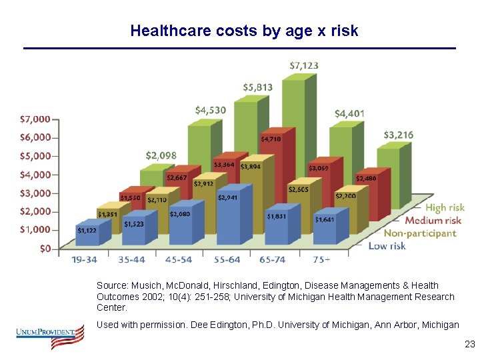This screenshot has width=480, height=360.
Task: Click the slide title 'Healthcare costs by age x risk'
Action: [x=244, y=31]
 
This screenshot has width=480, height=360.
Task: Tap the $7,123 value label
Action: [x=304, y=65]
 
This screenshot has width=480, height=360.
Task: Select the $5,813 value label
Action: [x=257, y=87]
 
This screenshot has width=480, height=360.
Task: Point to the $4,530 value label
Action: [x=210, y=110]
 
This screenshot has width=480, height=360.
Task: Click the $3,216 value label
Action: [x=398, y=135]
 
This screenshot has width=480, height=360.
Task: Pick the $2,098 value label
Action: [x=161, y=155]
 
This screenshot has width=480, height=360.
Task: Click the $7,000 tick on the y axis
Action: [x=35, y=119]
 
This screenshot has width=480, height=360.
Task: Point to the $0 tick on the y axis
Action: [x=44, y=249]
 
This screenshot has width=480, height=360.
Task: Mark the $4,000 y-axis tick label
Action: [x=35, y=175]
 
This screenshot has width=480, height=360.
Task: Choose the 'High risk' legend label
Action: [x=445, y=208]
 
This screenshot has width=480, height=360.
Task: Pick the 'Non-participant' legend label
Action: [x=419, y=233]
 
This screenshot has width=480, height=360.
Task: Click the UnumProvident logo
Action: [x=51, y=335]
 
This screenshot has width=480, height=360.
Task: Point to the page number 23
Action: [x=469, y=345]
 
